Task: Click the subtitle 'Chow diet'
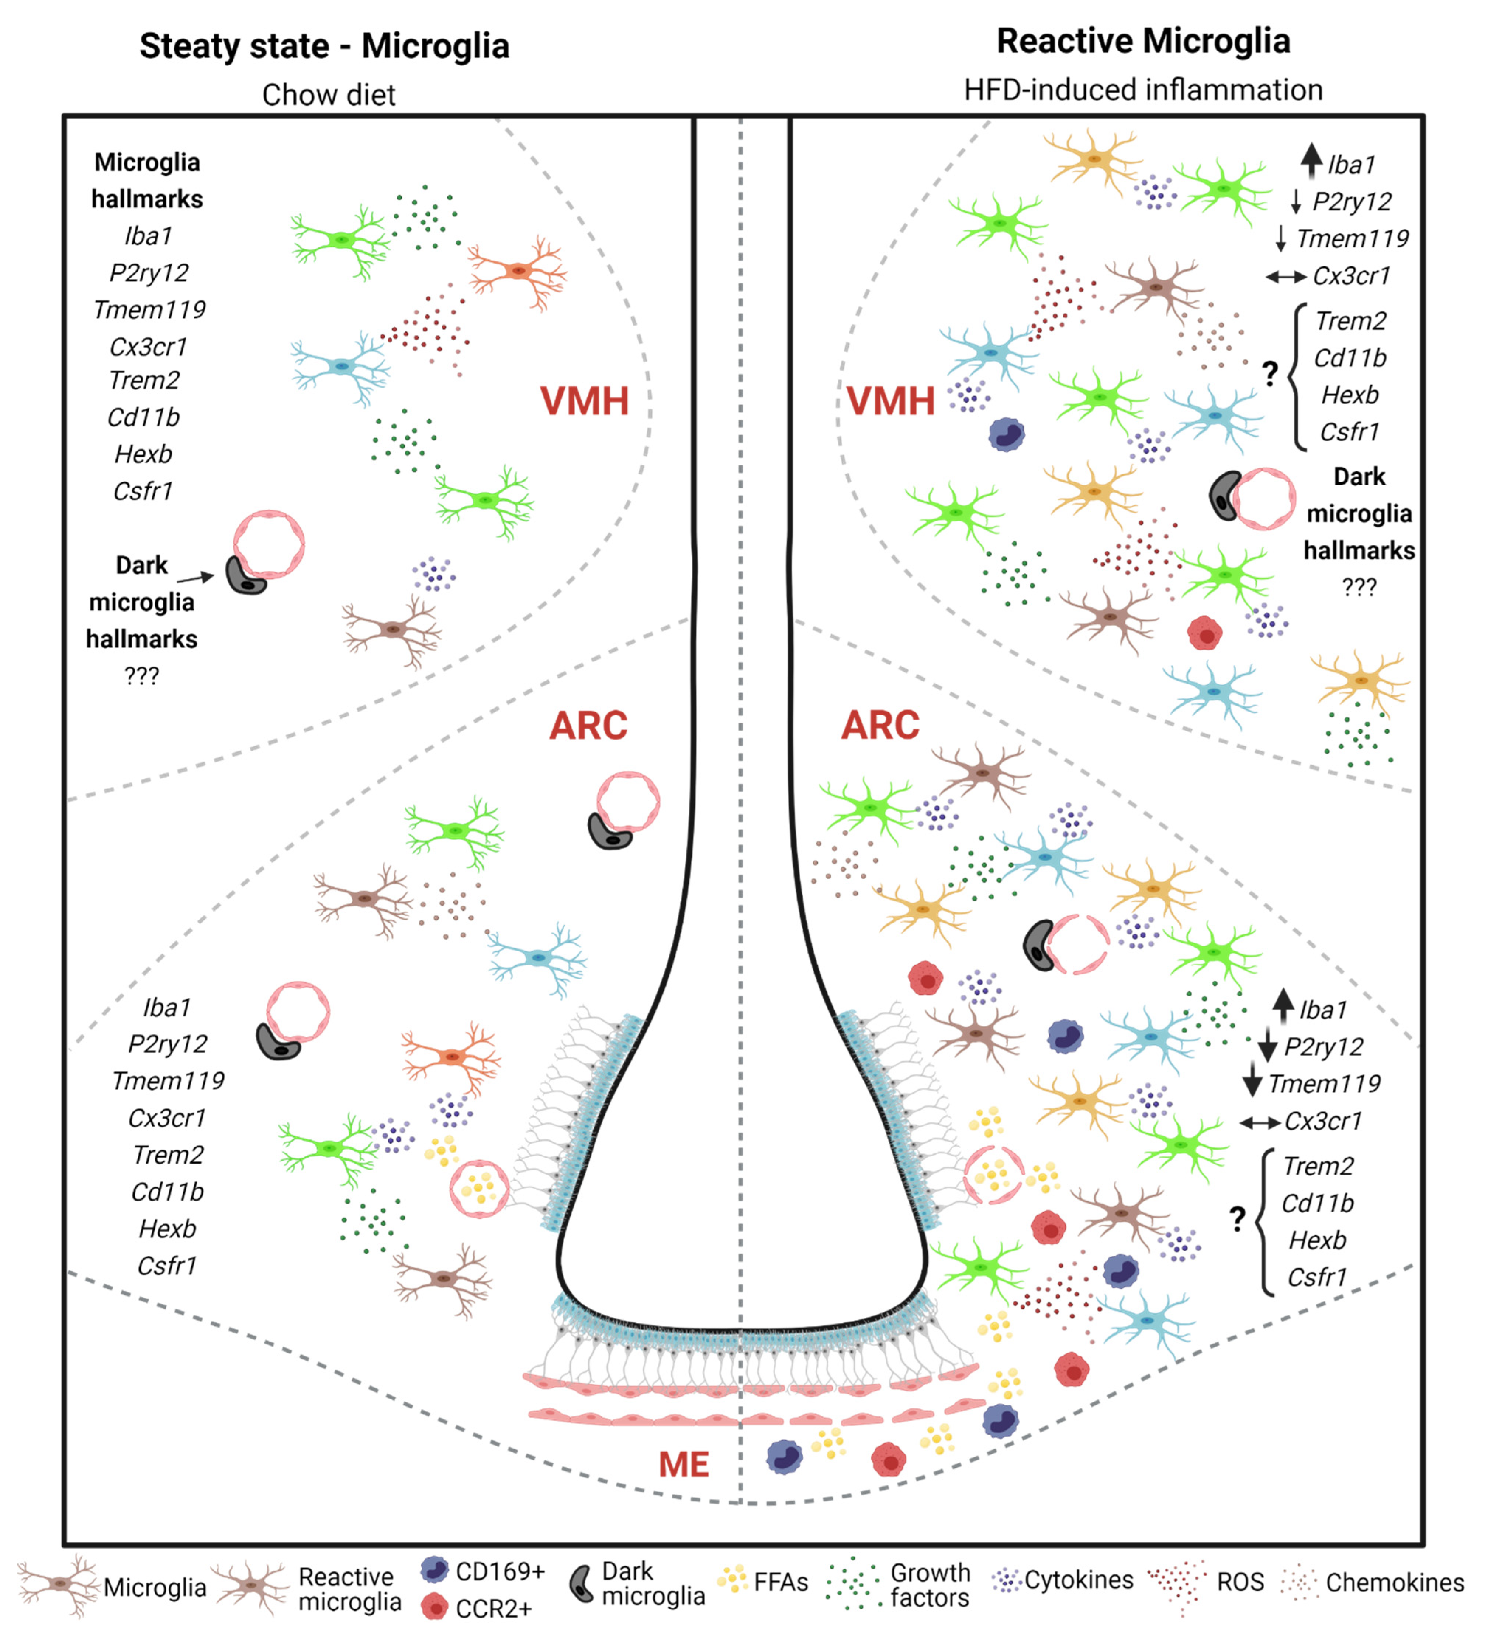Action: click(328, 95)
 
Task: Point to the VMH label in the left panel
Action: click(584, 401)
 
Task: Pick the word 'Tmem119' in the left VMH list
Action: click(149, 310)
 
